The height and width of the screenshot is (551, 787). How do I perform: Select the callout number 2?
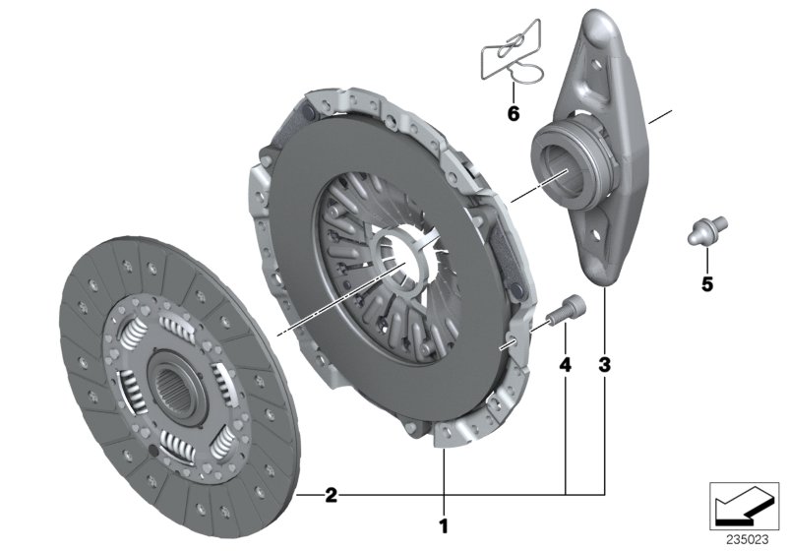click(332, 495)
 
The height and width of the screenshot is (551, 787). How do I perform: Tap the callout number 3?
click(604, 365)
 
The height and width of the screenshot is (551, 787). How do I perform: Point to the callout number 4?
click(565, 365)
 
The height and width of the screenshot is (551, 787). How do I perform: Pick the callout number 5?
click(706, 284)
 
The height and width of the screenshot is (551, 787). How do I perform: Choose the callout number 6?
click(514, 114)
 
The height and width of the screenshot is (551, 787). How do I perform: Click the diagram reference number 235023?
click(748, 539)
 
